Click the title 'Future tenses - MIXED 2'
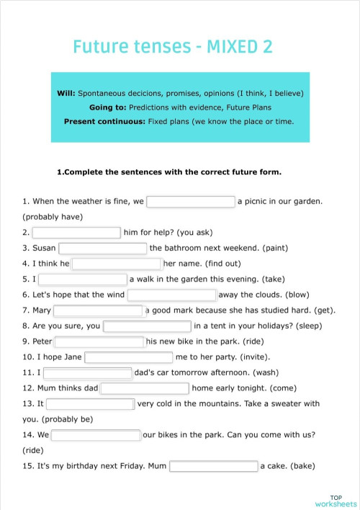click(173, 48)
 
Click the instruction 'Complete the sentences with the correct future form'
click(168, 172)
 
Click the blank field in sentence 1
click(191, 202)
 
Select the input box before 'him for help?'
click(76, 233)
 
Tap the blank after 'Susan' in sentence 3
click(103, 249)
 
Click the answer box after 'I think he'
click(117, 264)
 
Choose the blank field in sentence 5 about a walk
click(83, 279)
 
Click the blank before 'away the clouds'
click(172, 295)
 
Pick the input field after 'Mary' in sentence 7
click(98, 310)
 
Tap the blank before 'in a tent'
click(147, 326)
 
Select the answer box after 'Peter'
click(99, 341)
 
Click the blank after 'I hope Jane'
click(129, 357)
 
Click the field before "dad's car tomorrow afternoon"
click(87, 372)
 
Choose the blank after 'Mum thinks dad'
click(145, 388)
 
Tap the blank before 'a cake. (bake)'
click(213, 466)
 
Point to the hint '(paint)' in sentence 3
click(275, 249)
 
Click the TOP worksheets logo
click(336, 500)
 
